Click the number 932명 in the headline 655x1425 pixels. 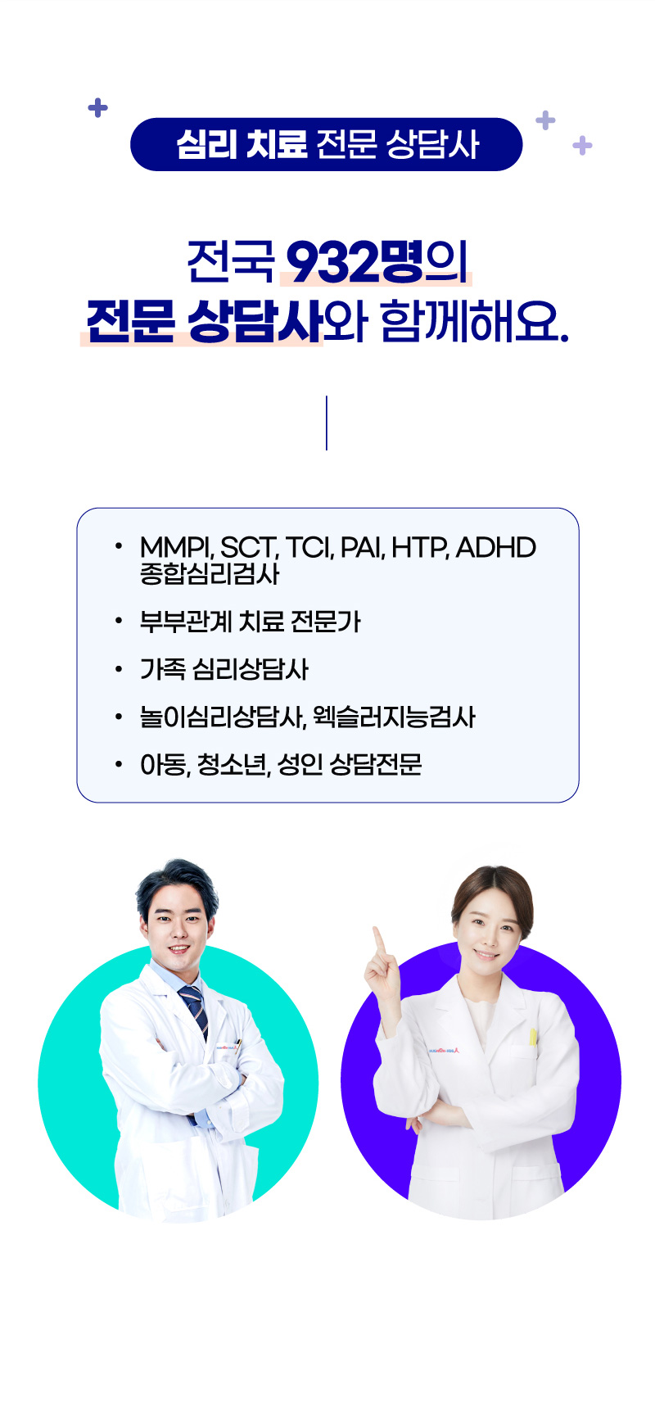click(355, 262)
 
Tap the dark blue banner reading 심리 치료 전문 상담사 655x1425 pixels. click(326, 144)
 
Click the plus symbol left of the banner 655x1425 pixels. click(97, 107)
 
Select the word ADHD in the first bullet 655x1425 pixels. click(495, 547)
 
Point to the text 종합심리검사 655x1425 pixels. click(210, 573)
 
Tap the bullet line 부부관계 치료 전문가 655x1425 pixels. click(250, 622)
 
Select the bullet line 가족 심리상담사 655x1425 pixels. click(224, 669)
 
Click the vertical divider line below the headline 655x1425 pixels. click(327, 423)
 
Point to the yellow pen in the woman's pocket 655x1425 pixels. click(532, 1037)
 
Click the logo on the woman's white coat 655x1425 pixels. click(443, 1050)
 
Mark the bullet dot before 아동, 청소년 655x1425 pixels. click(119, 765)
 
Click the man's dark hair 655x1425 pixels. click(175, 884)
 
